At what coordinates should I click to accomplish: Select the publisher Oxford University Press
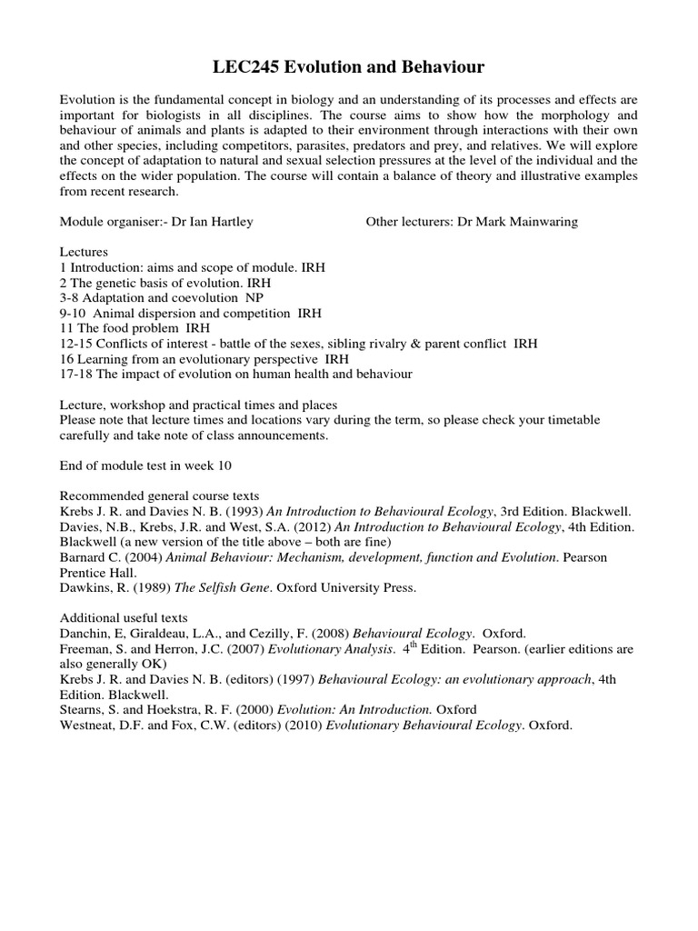[339, 587]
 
